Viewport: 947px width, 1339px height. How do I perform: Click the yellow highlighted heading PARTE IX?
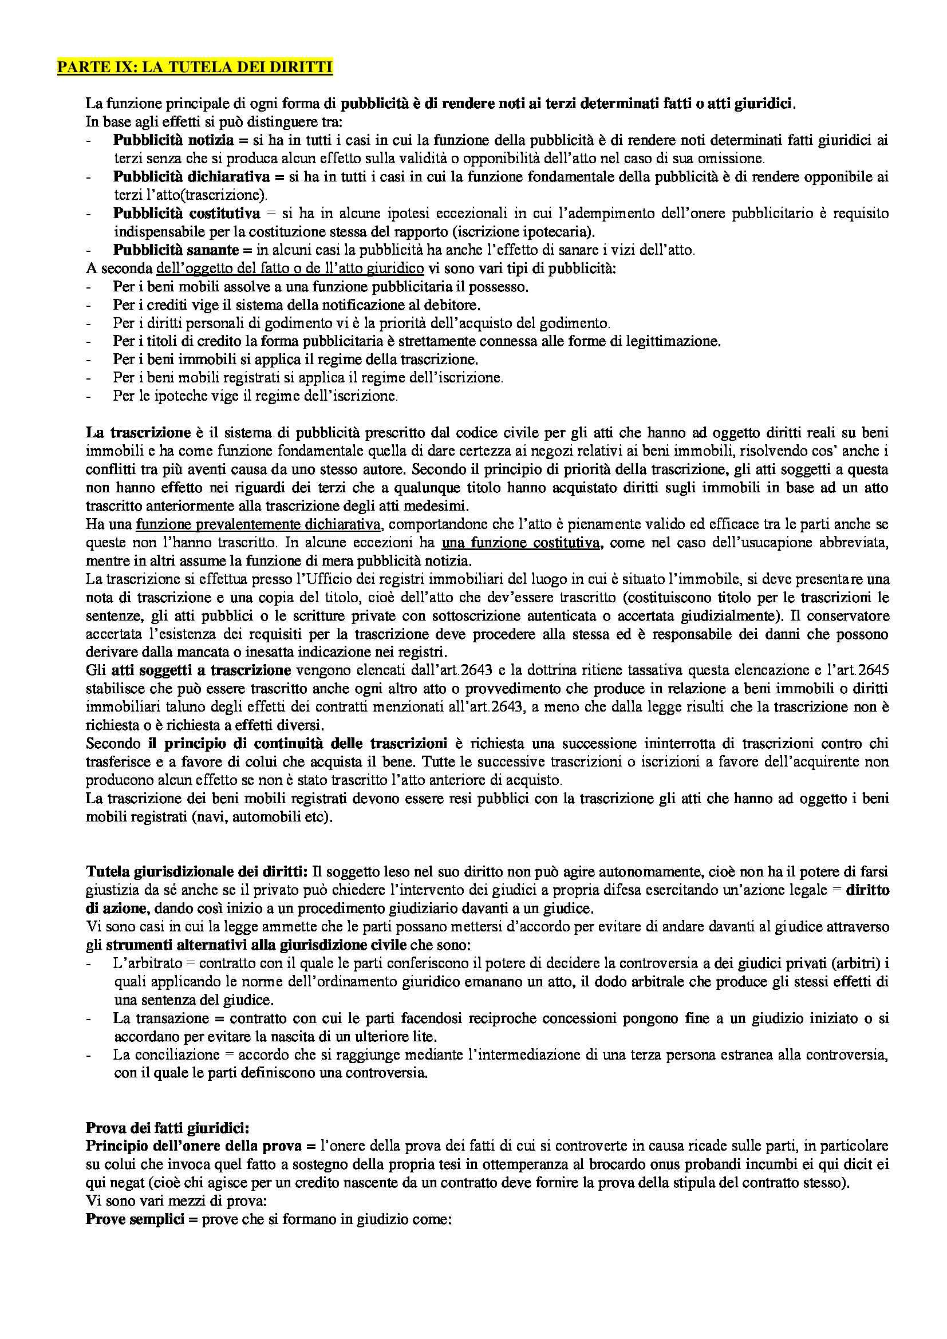click(195, 68)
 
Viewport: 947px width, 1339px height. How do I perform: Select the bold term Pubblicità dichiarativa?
click(191, 177)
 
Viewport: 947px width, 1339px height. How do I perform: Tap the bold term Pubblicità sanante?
click(176, 250)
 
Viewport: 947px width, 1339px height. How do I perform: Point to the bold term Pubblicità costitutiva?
click(187, 214)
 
